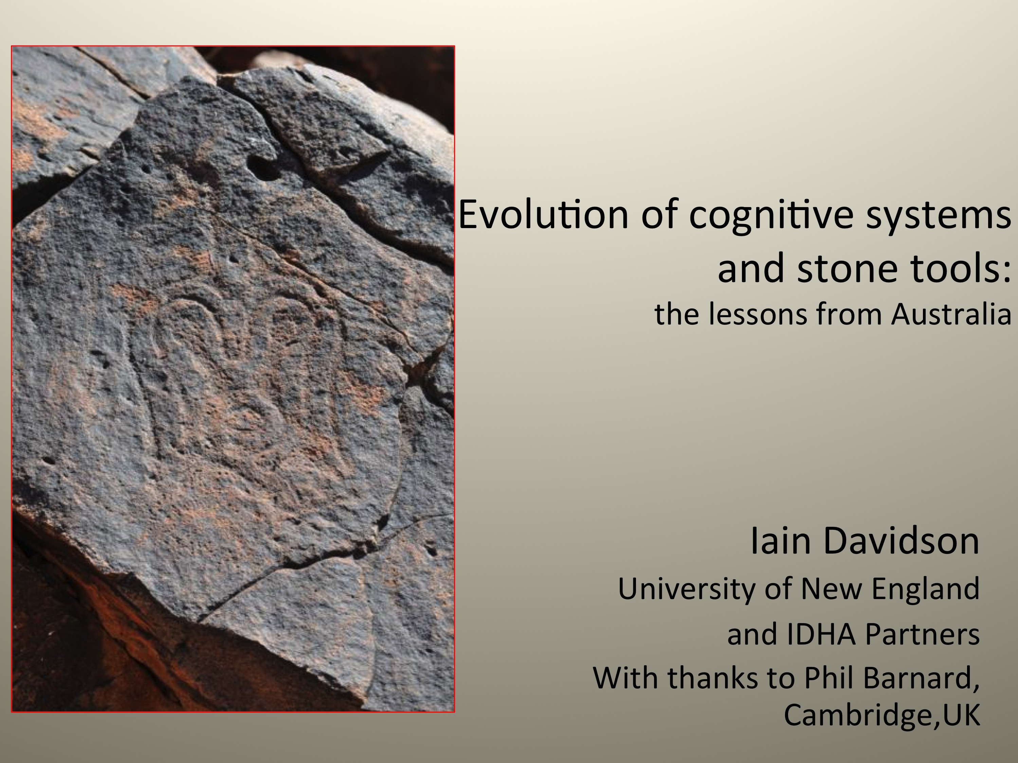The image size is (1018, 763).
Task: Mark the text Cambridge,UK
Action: click(881, 715)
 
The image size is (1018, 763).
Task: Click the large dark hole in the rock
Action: click(262, 167)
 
